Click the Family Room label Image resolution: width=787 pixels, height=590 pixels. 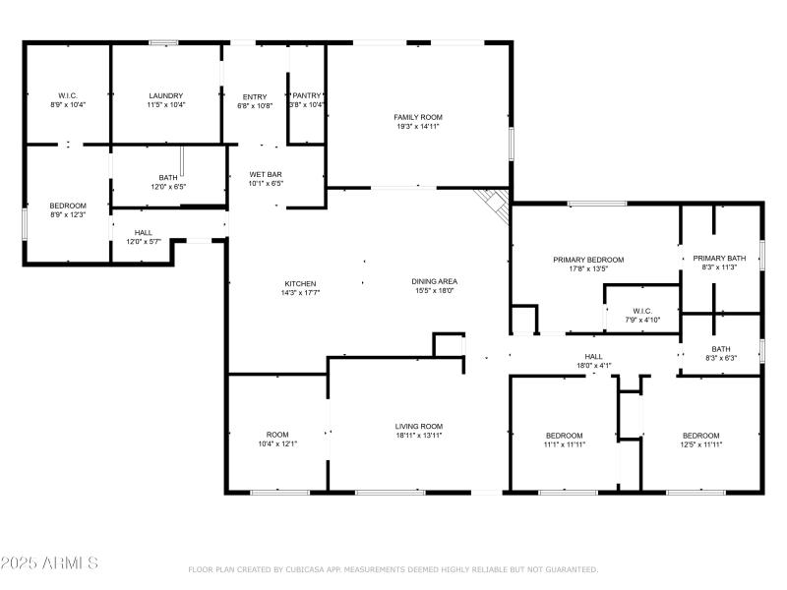pyautogui.click(x=418, y=117)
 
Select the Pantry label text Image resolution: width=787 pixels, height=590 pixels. pyautogui.click(x=307, y=95)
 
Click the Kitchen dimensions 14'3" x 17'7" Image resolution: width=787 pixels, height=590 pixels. pyautogui.click(x=300, y=292)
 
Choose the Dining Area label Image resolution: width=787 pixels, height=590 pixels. pyautogui.click(x=434, y=281)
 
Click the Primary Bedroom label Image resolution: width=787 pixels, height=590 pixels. pyautogui.click(x=587, y=260)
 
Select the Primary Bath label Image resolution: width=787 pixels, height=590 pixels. pyautogui.click(x=719, y=259)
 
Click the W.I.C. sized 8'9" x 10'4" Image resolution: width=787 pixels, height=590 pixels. pyautogui.click(x=68, y=95)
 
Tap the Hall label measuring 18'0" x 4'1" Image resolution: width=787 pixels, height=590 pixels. pyautogui.click(x=593, y=357)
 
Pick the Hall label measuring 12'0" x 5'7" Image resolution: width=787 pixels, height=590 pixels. pyautogui.click(x=144, y=233)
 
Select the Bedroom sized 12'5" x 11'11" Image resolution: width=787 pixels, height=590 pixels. pyautogui.click(x=701, y=436)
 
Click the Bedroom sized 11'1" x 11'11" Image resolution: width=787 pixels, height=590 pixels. pyautogui.click(x=565, y=436)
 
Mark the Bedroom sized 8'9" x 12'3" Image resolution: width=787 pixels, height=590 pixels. pyautogui.click(x=68, y=206)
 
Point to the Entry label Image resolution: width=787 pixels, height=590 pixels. pyautogui.click(x=255, y=96)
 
